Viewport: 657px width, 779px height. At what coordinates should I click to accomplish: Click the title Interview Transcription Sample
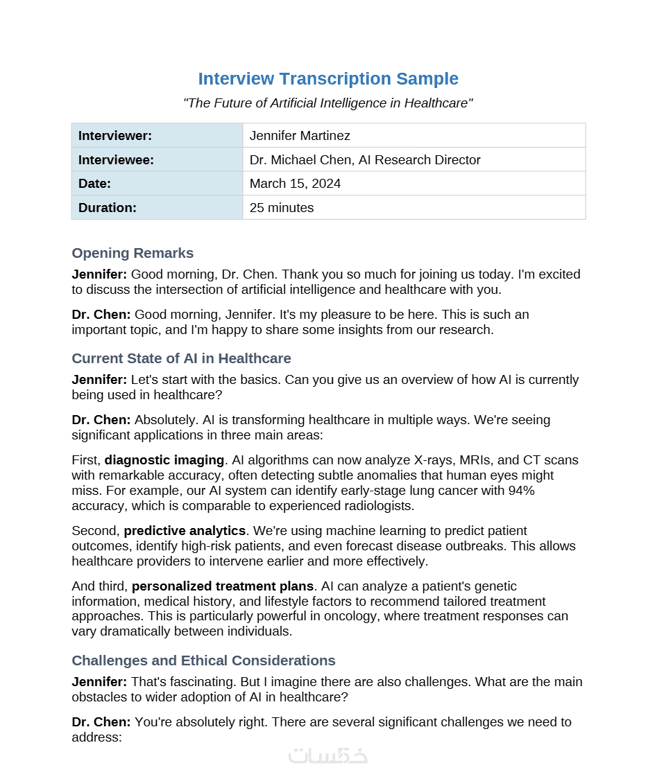tap(328, 79)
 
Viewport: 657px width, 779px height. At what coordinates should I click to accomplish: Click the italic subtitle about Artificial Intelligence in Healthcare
tap(328, 103)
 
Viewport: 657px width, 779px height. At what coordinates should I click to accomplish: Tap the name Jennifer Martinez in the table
tap(300, 136)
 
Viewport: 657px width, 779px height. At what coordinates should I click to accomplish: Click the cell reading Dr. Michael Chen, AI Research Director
tap(365, 160)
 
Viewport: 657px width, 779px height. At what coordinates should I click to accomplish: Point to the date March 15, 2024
tap(295, 184)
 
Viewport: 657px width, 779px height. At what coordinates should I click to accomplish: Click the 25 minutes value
tap(282, 207)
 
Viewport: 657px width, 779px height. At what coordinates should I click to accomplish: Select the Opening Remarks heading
tap(133, 253)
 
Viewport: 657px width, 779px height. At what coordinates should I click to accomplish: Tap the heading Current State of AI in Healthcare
tap(181, 358)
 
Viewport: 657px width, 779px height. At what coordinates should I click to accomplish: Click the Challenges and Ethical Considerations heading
tap(203, 660)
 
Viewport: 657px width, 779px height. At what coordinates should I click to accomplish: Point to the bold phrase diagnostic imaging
tap(164, 460)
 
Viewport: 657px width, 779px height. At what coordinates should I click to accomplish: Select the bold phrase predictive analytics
tap(185, 531)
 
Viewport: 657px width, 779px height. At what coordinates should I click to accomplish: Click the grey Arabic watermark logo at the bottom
tap(328, 755)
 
